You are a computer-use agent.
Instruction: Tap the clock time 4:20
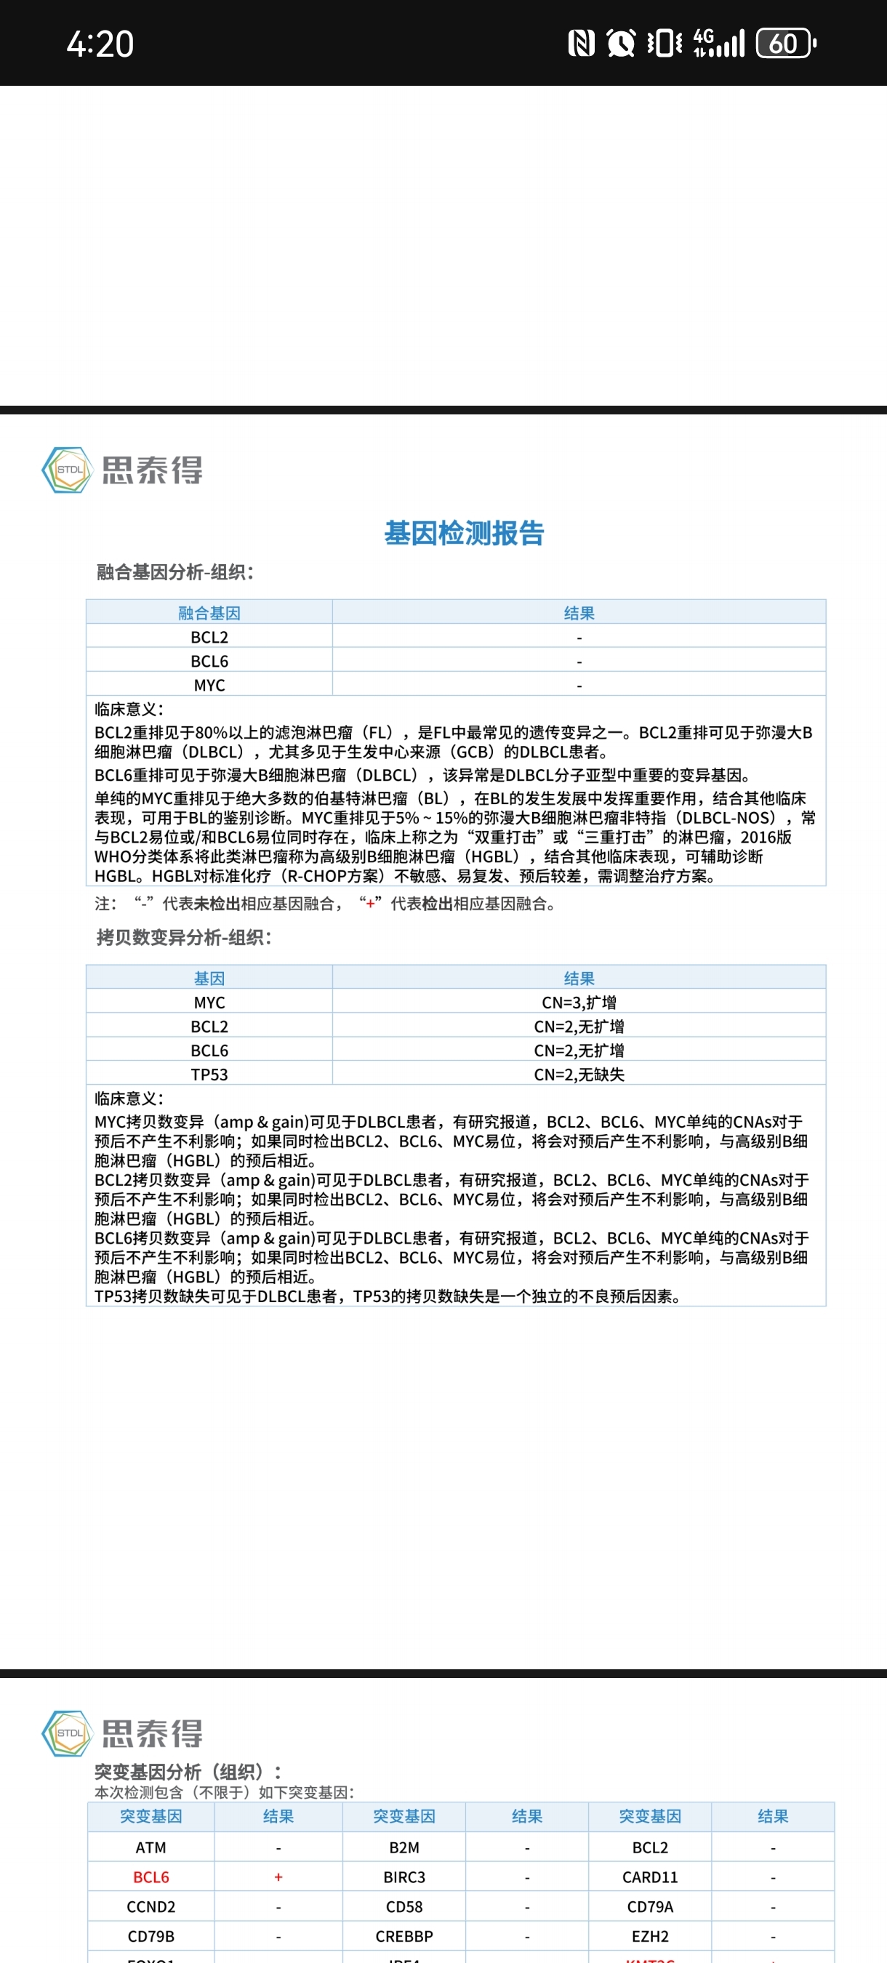point(100,44)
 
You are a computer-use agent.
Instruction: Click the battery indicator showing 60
point(785,44)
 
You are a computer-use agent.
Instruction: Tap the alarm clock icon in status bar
point(620,44)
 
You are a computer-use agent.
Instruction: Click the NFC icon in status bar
point(582,44)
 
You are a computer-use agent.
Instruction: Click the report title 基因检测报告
point(463,534)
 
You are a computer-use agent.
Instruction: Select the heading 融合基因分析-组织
point(175,572)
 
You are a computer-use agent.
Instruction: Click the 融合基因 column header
point(209,613)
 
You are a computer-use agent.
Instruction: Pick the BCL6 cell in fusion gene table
point(209,661)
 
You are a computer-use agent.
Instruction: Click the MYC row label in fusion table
point(209,685)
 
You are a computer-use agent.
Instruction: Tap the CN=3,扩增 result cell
point(579,1002)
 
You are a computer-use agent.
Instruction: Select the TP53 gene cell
point(209,1075)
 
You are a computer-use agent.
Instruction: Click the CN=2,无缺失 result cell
point(579,1075)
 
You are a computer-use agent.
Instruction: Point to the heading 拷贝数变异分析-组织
point(184,937)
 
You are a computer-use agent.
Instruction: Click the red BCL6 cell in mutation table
point(151,1877)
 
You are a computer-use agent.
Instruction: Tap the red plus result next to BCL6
point(278,1877)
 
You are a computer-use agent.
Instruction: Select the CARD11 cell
point(649,1877)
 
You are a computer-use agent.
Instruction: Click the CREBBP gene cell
point(404,1936)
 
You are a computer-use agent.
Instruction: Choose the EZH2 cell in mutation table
point(649,1936)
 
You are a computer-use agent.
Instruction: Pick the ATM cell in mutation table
point(151,1847)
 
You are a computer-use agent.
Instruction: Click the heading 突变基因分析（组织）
point(188,1772)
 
